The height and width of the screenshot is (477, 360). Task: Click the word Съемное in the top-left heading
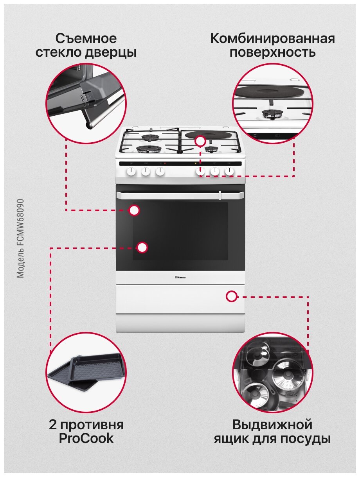(86, 39)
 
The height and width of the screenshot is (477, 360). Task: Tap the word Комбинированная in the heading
(272, 39)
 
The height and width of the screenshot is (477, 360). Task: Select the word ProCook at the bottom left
(86, 438)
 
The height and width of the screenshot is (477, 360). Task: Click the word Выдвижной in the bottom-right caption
(272, 425)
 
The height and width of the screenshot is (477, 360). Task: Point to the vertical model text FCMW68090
(21, 238)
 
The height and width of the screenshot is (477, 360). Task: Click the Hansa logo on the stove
(180, 277)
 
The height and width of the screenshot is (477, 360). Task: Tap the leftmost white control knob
(131, 171)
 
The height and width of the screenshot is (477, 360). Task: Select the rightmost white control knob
(230, 171)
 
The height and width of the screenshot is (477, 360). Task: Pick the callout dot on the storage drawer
(232, 296)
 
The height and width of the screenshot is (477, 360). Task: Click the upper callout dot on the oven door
(134, 210)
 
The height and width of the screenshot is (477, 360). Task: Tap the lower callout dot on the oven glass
(142, 247)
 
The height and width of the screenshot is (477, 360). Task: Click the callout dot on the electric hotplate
(200, 141)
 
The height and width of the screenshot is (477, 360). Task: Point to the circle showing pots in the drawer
(272, 372)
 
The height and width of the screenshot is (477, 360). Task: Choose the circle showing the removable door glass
(86, 102)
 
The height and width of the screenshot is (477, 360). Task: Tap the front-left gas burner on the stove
(149, 149)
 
